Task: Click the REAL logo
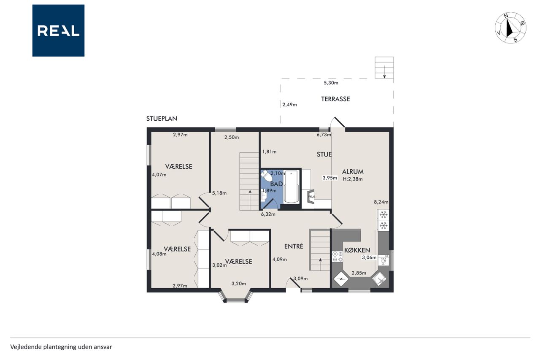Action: pos(58,31)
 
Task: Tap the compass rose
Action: pos(510,28)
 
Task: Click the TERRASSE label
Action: pos(335,99)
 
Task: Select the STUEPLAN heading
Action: pos(162,119)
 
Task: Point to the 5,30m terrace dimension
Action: pos(331,83)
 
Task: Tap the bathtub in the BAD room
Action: pos(291,187)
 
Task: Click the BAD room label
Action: pos(276,184)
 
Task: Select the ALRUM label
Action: pos(353,172)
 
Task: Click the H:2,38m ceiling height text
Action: pos(353,179)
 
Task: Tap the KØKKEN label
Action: pos(357,250)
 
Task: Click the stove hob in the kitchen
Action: pos(337,257)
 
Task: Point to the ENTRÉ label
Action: pos(294,246)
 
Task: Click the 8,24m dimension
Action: pos(381,202)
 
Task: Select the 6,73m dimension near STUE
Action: pos(324,135)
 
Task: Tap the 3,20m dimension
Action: pos(239,284)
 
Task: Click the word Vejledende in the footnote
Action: pos(26,347)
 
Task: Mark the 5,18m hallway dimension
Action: pos(219,193)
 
